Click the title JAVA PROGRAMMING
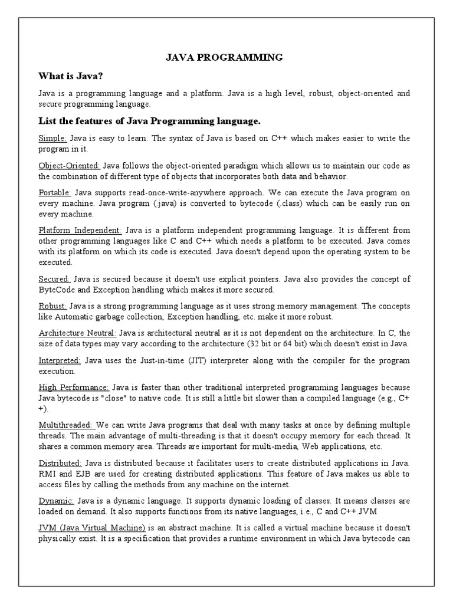click(224, 57)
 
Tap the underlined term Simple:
click(53, 138)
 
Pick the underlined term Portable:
click(55, 193)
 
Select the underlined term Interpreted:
click(60, 360)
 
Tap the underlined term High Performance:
click(74, 388)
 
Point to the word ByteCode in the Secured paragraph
click(57, 290)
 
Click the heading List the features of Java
click(149, 121)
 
